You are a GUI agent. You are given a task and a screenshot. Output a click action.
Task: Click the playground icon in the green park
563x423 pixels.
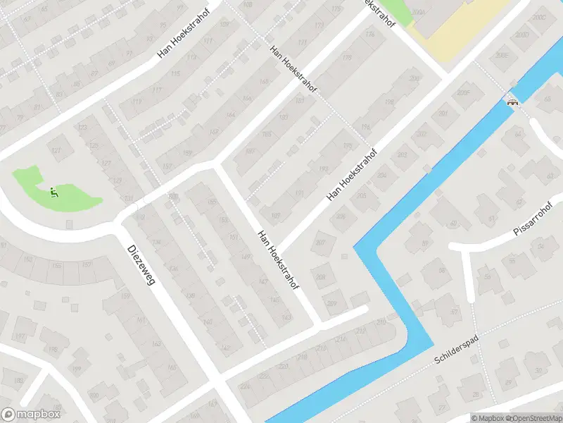point(53,190)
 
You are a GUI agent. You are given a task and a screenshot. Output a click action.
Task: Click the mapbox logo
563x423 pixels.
point(31,415)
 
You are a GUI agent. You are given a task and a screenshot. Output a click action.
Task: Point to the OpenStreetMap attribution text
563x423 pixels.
point(533,418)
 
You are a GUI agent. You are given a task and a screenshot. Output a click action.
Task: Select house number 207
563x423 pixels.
point(322,243)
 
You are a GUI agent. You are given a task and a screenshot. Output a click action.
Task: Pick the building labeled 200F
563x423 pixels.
point(463,92)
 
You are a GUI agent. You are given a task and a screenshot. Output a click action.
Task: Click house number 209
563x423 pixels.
point(331,303)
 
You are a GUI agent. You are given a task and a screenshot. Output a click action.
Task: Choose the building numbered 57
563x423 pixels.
point(455,312)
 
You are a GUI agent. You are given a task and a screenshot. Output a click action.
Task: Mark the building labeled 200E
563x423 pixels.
point(501,54)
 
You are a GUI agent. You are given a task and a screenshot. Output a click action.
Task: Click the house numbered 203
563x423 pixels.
point(403,155)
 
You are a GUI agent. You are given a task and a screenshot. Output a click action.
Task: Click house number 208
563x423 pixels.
point(321,278)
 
